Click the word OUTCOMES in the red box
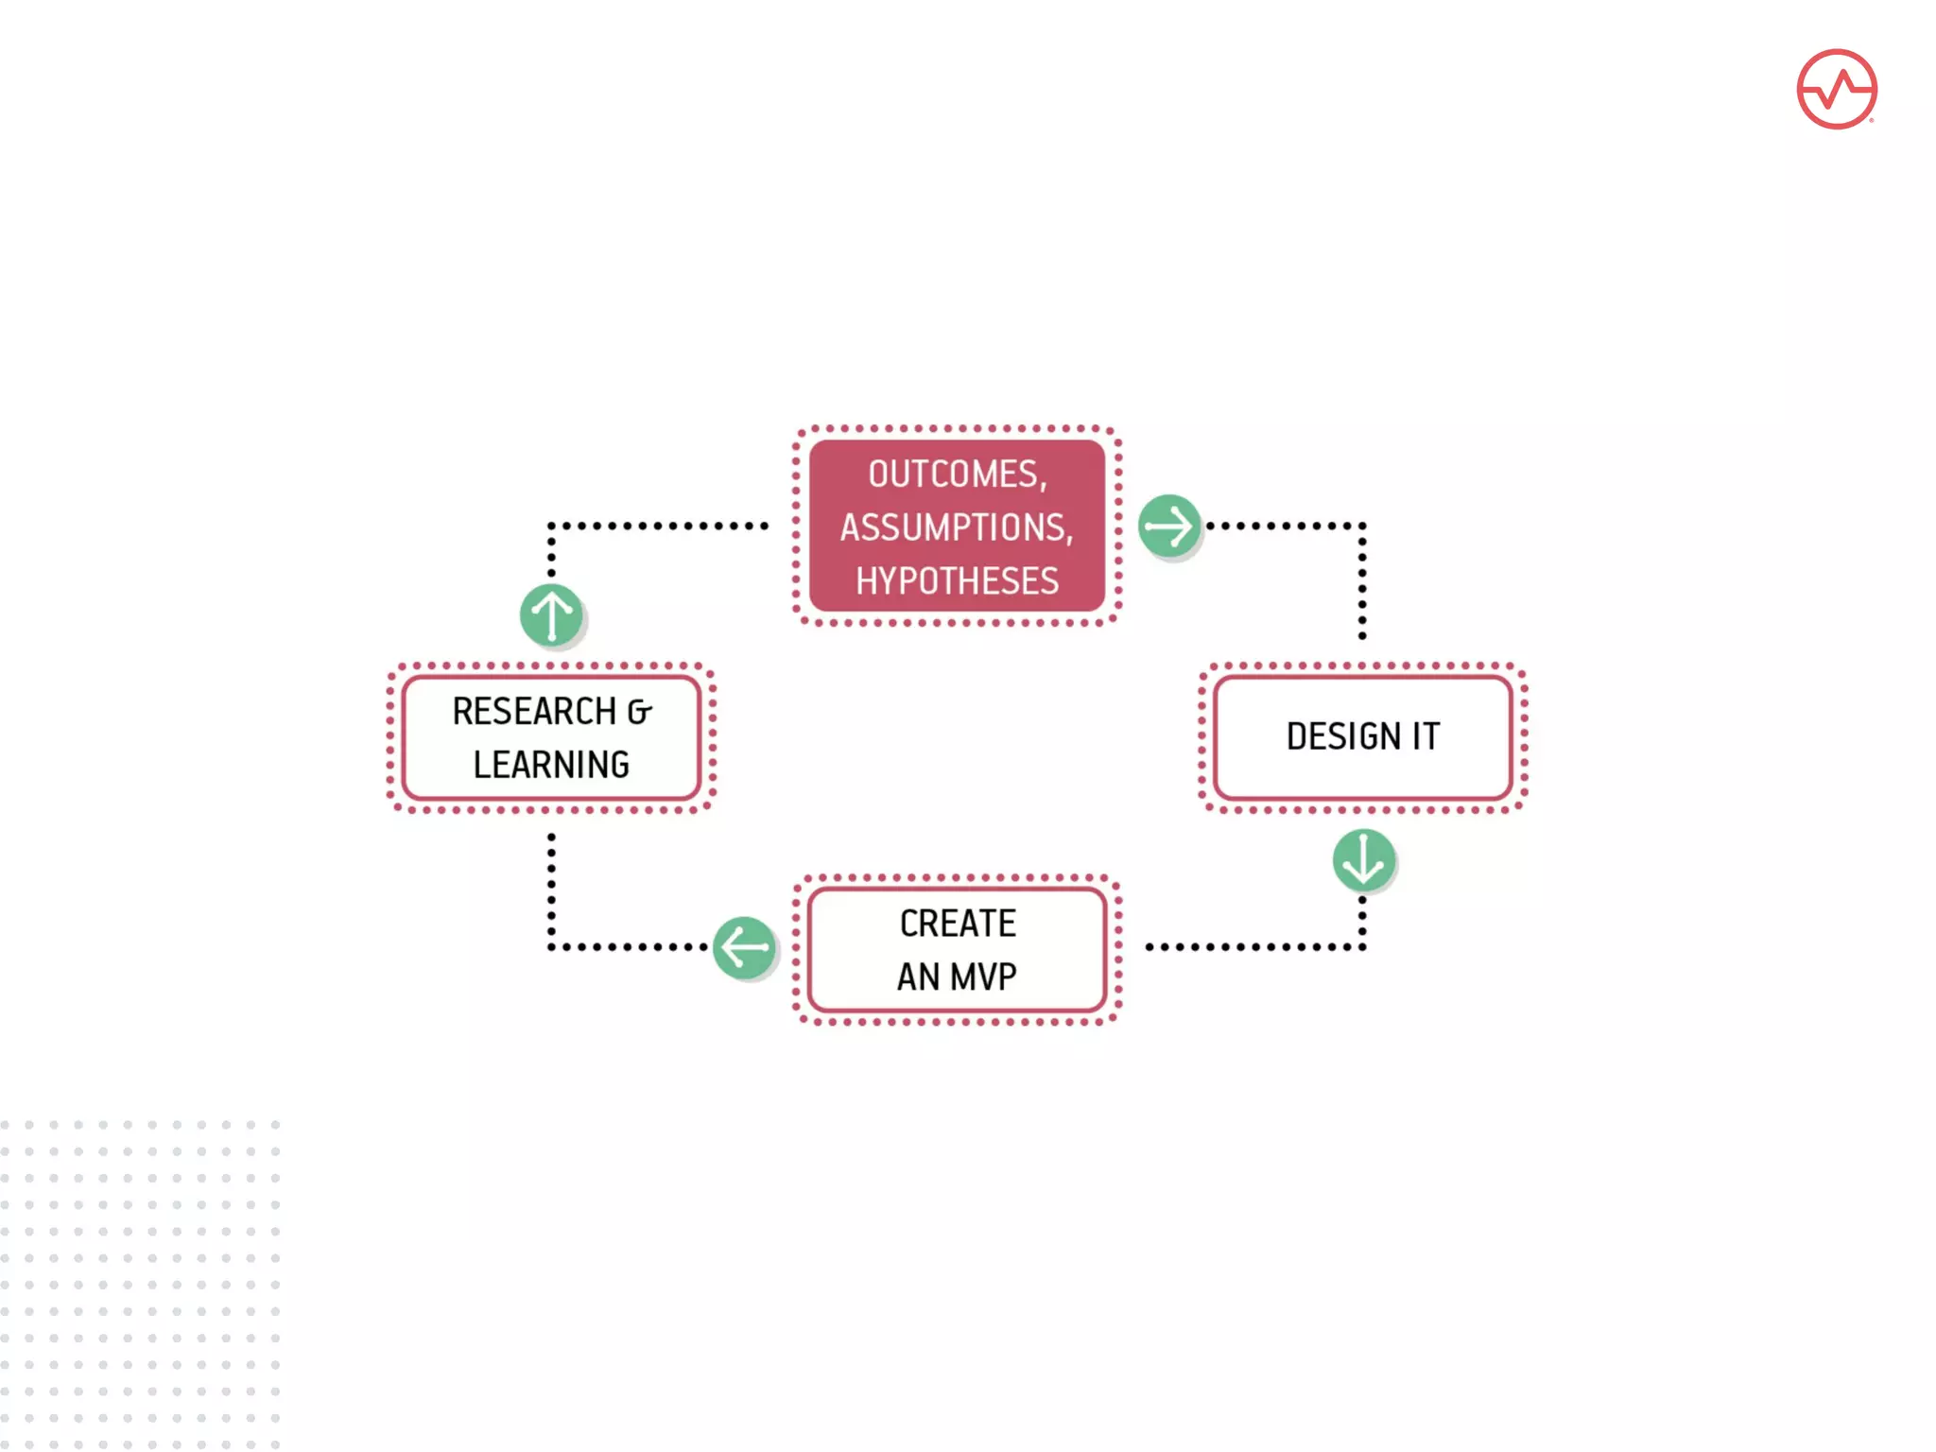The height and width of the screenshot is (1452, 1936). tap(953, 474)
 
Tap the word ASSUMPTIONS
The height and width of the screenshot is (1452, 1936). tap(954, 527)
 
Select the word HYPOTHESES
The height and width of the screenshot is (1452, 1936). tap(957, 580)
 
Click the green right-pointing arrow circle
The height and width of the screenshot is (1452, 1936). tap(1169, 526)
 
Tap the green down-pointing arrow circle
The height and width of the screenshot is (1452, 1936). tap(1363, 860)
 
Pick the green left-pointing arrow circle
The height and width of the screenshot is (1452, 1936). tap(744, 947)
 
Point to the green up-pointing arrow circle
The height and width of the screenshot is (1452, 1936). tap(552, 614)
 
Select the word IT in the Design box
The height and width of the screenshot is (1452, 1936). tap(1426, 736)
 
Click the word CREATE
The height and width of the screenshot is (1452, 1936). tap(958, 924)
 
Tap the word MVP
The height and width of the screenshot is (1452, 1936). tap(983, 977)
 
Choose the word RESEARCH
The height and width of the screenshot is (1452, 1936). tap(534, 712)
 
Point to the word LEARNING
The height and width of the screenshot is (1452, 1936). tap(551, 765)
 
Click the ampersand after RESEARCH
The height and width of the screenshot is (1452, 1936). tap(640, 713)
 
